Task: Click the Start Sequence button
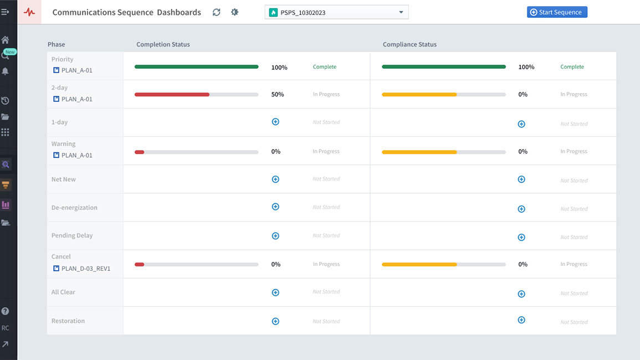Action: tap(557, 12)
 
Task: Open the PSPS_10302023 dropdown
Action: tap(336, 12)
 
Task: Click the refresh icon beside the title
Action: tap(216, 12)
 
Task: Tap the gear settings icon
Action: tap(234, 12)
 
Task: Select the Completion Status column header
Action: tap(163, 44)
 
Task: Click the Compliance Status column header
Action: tap(409, 44)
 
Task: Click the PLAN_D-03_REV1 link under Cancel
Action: tap(85, 269)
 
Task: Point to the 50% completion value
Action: tap(278, 95)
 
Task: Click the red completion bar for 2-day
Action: tap(172, 95)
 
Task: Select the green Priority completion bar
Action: tap(196, 67)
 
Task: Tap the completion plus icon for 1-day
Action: tap(275, 122)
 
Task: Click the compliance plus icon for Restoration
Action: tap(521, 320)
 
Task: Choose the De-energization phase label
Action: tap(74, 208)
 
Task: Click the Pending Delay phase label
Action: tap(72, 235)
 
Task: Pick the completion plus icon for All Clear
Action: tap(275, 292)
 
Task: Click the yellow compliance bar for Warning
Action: tap(419, 152)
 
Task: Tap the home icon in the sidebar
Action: tap(6, 40)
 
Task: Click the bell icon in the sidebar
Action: tap(6, 71)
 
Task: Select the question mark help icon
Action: tap(6, 311)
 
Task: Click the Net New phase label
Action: tap(64, 179)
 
